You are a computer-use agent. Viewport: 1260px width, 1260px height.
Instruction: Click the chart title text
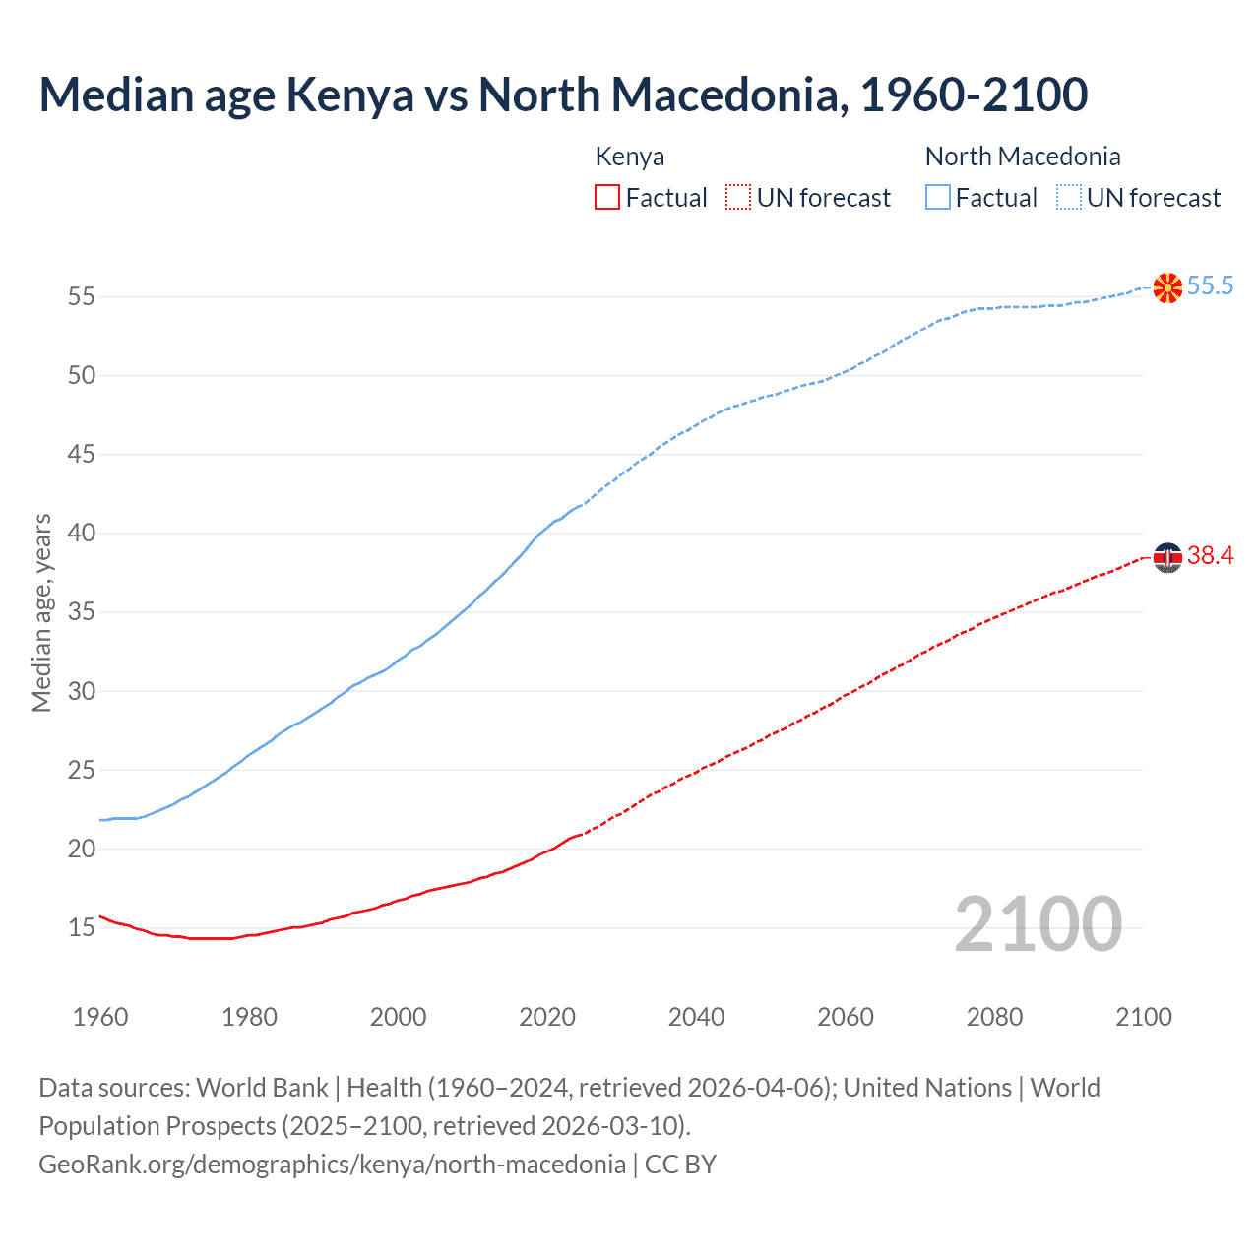click(563, 95)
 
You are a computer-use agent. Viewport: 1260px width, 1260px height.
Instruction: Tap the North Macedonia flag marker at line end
click(1167, 287)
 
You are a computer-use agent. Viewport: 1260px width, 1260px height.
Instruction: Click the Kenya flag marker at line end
click(1167, 557)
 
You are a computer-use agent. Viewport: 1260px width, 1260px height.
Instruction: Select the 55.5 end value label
click(1210, 286)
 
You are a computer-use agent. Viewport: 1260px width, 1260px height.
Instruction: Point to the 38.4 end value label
click(1210, 556)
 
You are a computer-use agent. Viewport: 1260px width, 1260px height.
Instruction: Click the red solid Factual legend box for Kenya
click(607, 198)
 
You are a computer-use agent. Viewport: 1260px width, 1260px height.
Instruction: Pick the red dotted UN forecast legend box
click(738, 198)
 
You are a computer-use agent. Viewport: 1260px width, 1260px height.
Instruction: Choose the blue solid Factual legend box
click(938, 198)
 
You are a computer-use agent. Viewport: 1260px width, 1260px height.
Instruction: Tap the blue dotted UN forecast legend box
click(1068, 198)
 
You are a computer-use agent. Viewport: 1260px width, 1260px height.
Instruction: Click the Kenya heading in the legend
click(630, 157)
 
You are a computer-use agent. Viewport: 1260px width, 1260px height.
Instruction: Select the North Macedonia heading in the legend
click(1023, 157)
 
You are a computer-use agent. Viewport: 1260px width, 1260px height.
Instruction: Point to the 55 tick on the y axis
click(82, 296)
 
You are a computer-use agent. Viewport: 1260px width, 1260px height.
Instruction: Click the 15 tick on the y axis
click(82, 927)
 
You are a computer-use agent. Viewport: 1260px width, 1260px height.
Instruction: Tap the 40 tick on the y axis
click(82, 533)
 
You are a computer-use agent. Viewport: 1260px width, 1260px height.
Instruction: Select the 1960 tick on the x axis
click(100, 1017)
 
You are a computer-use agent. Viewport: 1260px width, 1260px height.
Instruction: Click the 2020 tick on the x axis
click(547, 1017)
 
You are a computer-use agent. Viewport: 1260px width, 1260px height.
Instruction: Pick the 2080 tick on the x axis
click(994, 1017)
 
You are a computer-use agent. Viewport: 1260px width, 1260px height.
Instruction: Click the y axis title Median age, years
click(41, 612)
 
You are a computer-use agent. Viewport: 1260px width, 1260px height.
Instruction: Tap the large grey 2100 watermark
click(1038, 924)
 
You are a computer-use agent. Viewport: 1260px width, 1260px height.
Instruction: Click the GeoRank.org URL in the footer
click(332, 1165)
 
